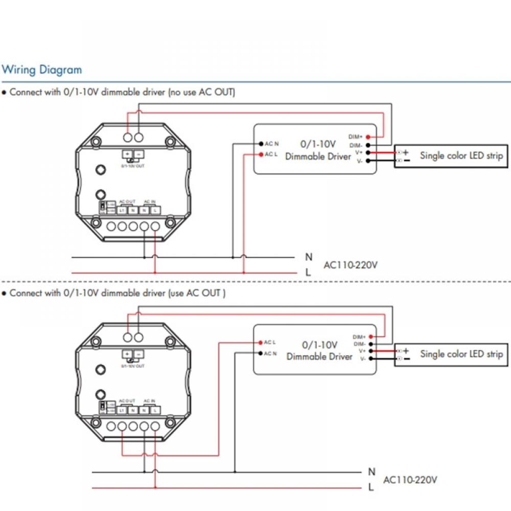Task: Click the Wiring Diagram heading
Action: click(42, 69)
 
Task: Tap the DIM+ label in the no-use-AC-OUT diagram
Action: click(356, 136)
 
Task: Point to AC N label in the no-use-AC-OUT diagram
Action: click(271, 144)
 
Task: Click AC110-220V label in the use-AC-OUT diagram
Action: click(410, 480)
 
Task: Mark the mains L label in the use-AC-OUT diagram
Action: click(371, 487)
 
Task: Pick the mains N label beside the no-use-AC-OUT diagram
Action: click(309, 257)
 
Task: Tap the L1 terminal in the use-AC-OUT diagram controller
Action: click(122, 410)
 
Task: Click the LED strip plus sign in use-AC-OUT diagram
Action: click(406, 351)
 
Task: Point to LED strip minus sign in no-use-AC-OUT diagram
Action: click(406, 160)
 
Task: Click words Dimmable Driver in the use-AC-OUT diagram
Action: click(319, 357)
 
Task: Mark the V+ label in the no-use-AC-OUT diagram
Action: click(359, 152)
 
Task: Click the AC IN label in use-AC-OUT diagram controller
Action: click(150, 401)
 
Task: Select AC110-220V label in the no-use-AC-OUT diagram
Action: click(351, 265)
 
